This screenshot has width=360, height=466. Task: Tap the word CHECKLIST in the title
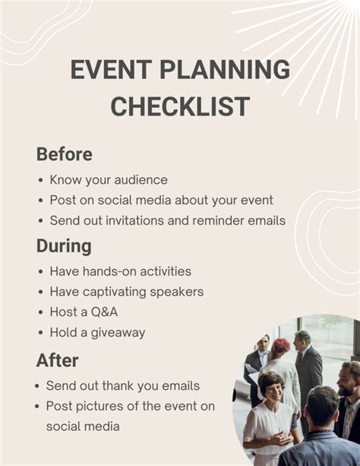pyautogui.click(x=180, y=106)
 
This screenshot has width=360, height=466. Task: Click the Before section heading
pyautogui.click(x=65, y=154)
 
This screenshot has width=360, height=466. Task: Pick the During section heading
pyautogui.click(x=64, y=246)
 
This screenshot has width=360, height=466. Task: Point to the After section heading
pyautogui.click(x=58, y=360)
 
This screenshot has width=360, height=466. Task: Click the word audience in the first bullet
pyautogui.click(x=136, y=180)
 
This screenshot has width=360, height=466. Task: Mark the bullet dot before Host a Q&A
pyautogui.click(x=40, y=312)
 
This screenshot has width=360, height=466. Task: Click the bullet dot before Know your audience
pyautogui.click(x=40, y=181)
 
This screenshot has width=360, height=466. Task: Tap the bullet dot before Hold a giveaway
pyautogui.click(x=40, y=333)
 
